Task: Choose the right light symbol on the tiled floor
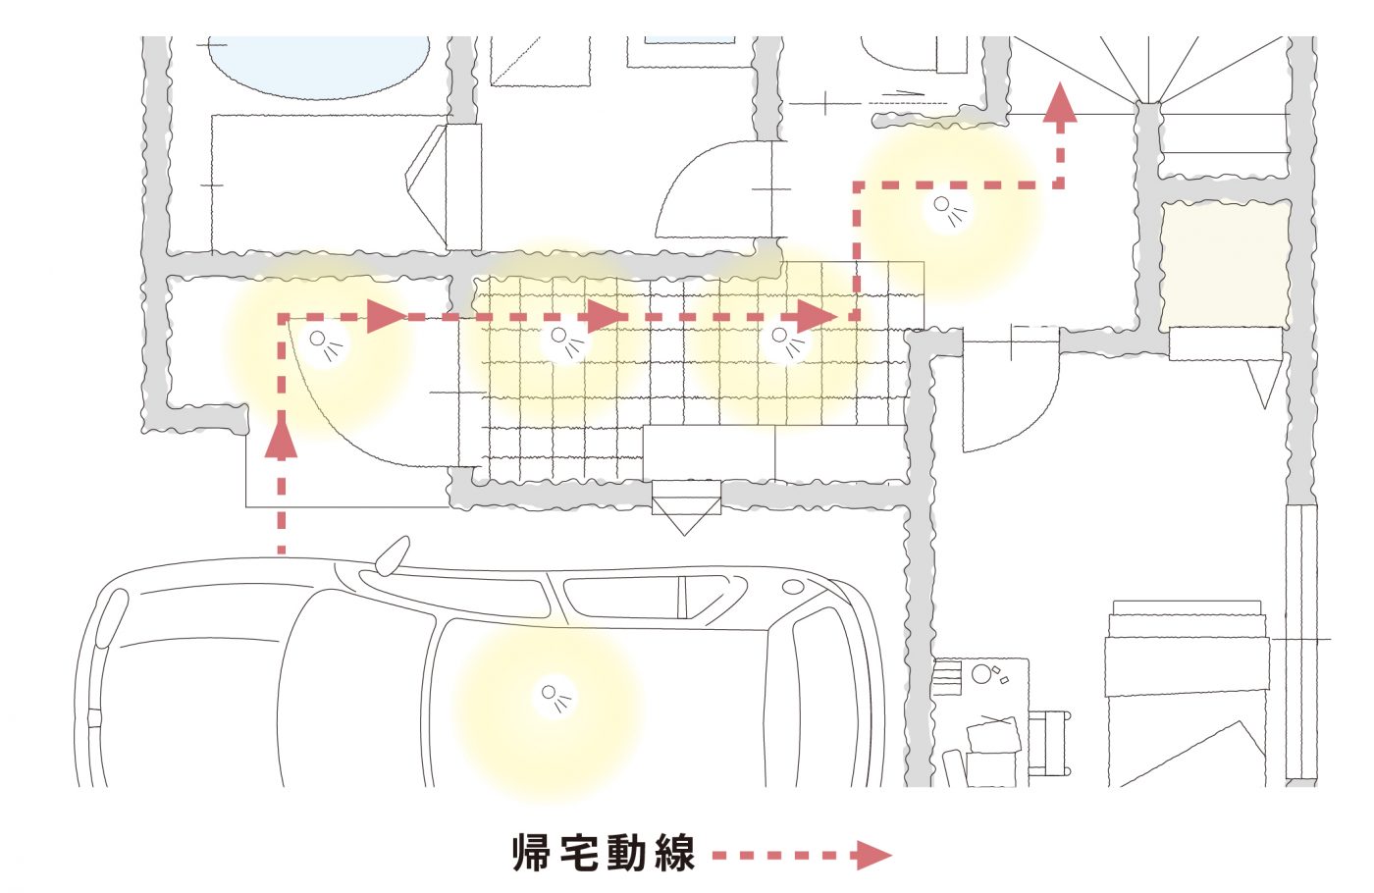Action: [x=784, y=340]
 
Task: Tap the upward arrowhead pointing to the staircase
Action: [x=1060, y=104]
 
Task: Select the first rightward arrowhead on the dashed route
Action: [x=386, y=316]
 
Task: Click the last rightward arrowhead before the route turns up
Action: [x=815, y=316]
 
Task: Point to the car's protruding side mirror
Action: [x=391, y=554]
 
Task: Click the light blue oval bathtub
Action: [x=319, y=65]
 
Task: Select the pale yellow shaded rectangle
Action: [x=1225, y=265]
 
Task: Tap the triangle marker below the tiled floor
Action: [x=686, y=513]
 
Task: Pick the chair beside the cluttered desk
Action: [x=1048, y=743]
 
